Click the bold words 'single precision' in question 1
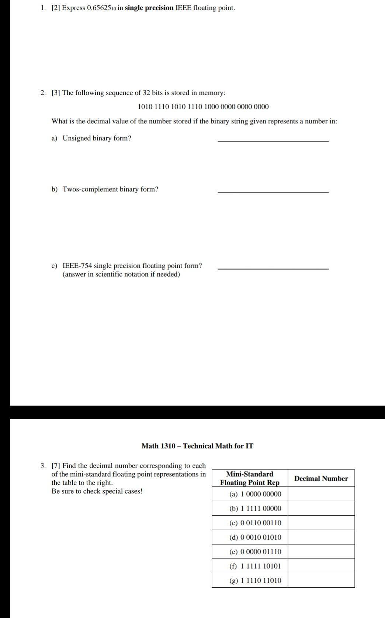[x=149, y=8]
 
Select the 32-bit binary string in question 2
[x=203, y=107]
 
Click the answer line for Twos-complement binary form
[x=273, y=191]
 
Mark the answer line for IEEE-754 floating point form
[x=273, y=268]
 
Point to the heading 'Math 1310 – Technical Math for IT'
[x=197, y=446]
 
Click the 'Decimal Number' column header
[x=321, y=478]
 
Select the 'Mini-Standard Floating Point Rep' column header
[x=250, y=478]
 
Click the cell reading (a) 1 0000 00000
[x=255, y=494]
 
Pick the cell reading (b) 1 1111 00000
[x=255, y=509]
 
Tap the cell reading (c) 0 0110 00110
[x=255, y=523]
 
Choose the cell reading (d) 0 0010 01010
[x=255, y=537]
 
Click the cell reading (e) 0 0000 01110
[x=255, y=552]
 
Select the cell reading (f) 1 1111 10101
[x=255, y=566]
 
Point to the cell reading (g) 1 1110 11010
[x=255, y=581]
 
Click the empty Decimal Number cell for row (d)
[x=321, y=537]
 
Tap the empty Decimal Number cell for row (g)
[x=321, y=581]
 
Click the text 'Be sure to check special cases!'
[x=97, y=491]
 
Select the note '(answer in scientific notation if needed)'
[x=121, y=274]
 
